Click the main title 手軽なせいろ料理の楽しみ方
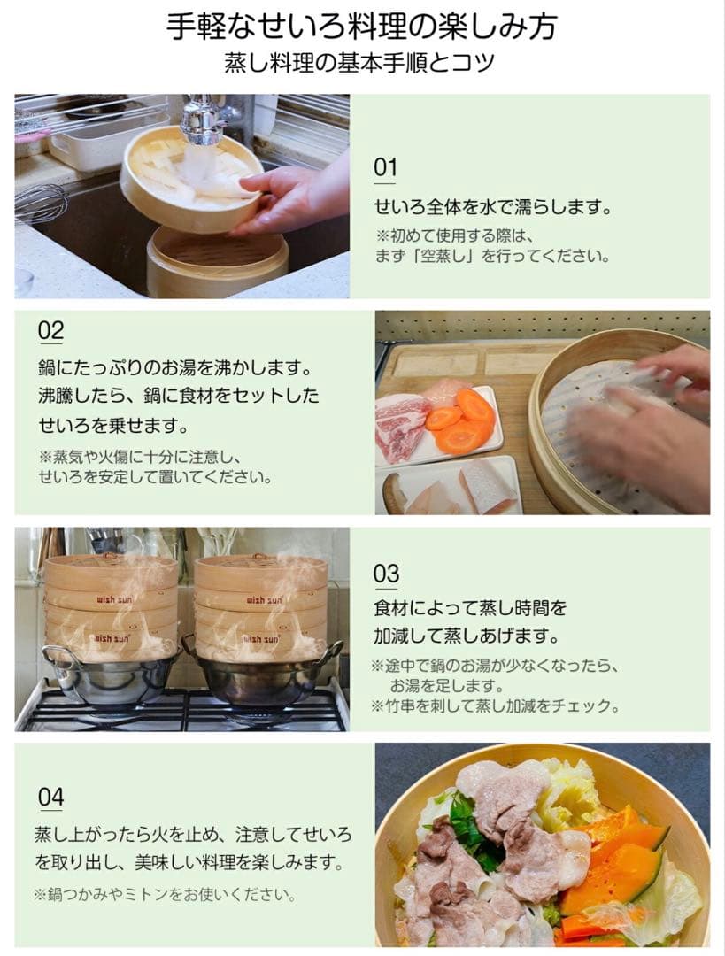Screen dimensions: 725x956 tap(361, 27)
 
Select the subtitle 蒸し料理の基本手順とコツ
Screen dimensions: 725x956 tap(359, 63)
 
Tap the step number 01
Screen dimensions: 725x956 tap(385, 167)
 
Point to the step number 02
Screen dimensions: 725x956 tap(50, 330)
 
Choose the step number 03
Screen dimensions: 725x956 tap(385, 574)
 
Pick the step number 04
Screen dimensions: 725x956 tap(50, 797)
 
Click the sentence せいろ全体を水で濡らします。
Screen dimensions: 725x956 tap(493, 207)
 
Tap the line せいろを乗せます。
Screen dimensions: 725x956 tap(113, 425)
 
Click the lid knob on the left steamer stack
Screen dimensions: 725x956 tap(109, 555)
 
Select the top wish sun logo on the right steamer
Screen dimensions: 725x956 tap(264, 600)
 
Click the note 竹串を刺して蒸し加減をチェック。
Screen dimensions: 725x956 tap(496, 706)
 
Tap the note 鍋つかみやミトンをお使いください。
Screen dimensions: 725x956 tap(166, 895)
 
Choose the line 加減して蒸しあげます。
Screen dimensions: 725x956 tap(467, 636)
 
